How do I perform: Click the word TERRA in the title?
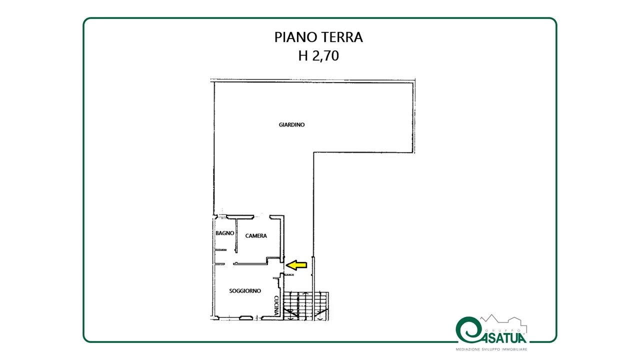pos(342,37)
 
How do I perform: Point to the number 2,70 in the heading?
pos(325,56)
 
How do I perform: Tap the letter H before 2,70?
pos(303,56)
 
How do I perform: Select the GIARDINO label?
pos(291,125)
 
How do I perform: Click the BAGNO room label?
pos(225,233)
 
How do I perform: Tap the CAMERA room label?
pos(256,235)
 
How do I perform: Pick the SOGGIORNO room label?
pos(245,291)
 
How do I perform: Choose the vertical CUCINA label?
pos(276,305)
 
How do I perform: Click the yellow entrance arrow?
pos(296,265)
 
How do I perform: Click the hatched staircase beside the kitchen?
pos(306,305)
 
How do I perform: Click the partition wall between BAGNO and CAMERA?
pos(236,235)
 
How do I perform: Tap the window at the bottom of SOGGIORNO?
pos(246,317)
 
